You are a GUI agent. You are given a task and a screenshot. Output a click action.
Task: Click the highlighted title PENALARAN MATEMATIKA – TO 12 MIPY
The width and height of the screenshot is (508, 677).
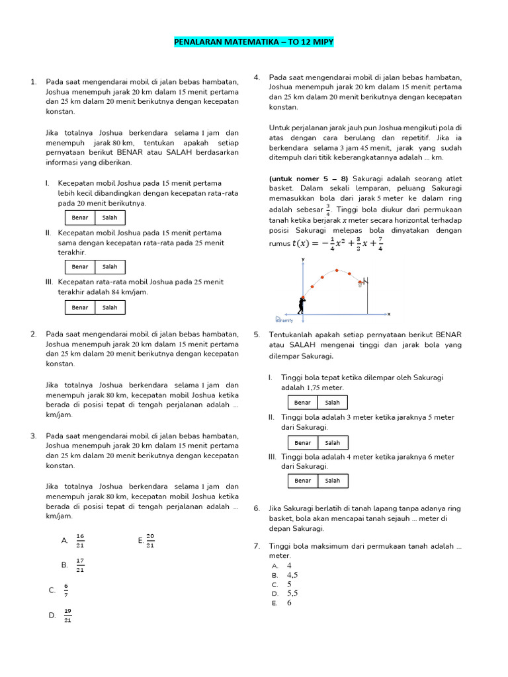pos(254,43)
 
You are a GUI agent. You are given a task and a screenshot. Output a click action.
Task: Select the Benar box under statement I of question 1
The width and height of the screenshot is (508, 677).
pos(80,218)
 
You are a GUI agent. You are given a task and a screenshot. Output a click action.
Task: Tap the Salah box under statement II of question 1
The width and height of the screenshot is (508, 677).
pos(110,267)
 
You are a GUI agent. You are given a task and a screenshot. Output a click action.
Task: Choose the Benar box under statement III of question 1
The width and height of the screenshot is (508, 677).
pos(80,307)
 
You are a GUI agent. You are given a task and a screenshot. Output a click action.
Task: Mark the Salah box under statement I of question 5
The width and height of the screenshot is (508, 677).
pos(332,403)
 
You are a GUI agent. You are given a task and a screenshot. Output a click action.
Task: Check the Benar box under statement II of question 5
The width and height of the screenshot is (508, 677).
pos(302,443)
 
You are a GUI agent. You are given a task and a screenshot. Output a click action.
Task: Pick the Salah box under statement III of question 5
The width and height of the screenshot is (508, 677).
pos(332,481)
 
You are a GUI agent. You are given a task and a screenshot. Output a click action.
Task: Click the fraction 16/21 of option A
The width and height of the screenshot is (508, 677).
pos(80,540)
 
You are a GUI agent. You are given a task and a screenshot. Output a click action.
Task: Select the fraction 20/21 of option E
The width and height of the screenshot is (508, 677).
pos(150,540)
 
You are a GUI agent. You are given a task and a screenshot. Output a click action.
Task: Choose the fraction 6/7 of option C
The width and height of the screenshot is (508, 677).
pos(66,590)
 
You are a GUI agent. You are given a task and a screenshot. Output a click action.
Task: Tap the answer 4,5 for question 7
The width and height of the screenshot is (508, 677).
pos(292,575)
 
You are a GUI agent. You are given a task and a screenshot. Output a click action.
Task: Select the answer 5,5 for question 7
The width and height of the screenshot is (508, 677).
pos(292,594)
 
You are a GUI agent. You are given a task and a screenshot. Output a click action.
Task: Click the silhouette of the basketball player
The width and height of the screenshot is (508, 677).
pos(302,305)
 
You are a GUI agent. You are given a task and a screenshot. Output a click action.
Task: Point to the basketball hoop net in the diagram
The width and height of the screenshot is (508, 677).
pos(360,284)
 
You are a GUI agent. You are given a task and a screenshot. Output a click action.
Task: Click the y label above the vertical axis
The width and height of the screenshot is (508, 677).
pos(303,259)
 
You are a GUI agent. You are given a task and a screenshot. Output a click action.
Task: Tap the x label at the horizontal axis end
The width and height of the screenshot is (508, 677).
pos(389,314)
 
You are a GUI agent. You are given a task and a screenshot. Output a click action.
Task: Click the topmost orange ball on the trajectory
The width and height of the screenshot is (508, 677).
pos(337,270)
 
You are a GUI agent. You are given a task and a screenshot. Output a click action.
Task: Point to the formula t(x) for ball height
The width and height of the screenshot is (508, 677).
pos(337,243)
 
